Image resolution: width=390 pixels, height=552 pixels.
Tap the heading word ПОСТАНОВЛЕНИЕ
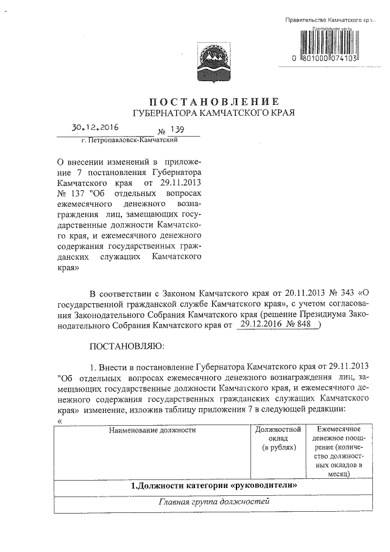point(214,101)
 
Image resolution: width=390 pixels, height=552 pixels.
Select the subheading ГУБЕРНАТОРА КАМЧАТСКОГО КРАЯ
point(214,113)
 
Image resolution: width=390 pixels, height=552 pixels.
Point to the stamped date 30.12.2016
point(95,128)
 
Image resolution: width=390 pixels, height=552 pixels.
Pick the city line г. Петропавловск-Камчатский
point(129,140)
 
